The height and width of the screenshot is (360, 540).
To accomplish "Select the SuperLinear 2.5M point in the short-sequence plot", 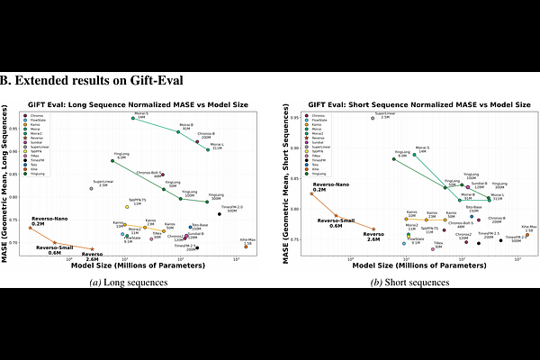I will click(x=373, y=118).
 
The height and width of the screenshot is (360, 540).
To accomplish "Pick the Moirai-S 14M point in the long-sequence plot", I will click(x=133, y=118).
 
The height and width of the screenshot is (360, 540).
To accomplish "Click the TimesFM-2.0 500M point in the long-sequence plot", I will click(x=220, y=213).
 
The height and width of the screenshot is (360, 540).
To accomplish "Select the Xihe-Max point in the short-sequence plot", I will click(x=527, y=235).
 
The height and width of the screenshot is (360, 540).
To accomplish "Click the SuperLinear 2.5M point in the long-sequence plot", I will click(x=91, y=188).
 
